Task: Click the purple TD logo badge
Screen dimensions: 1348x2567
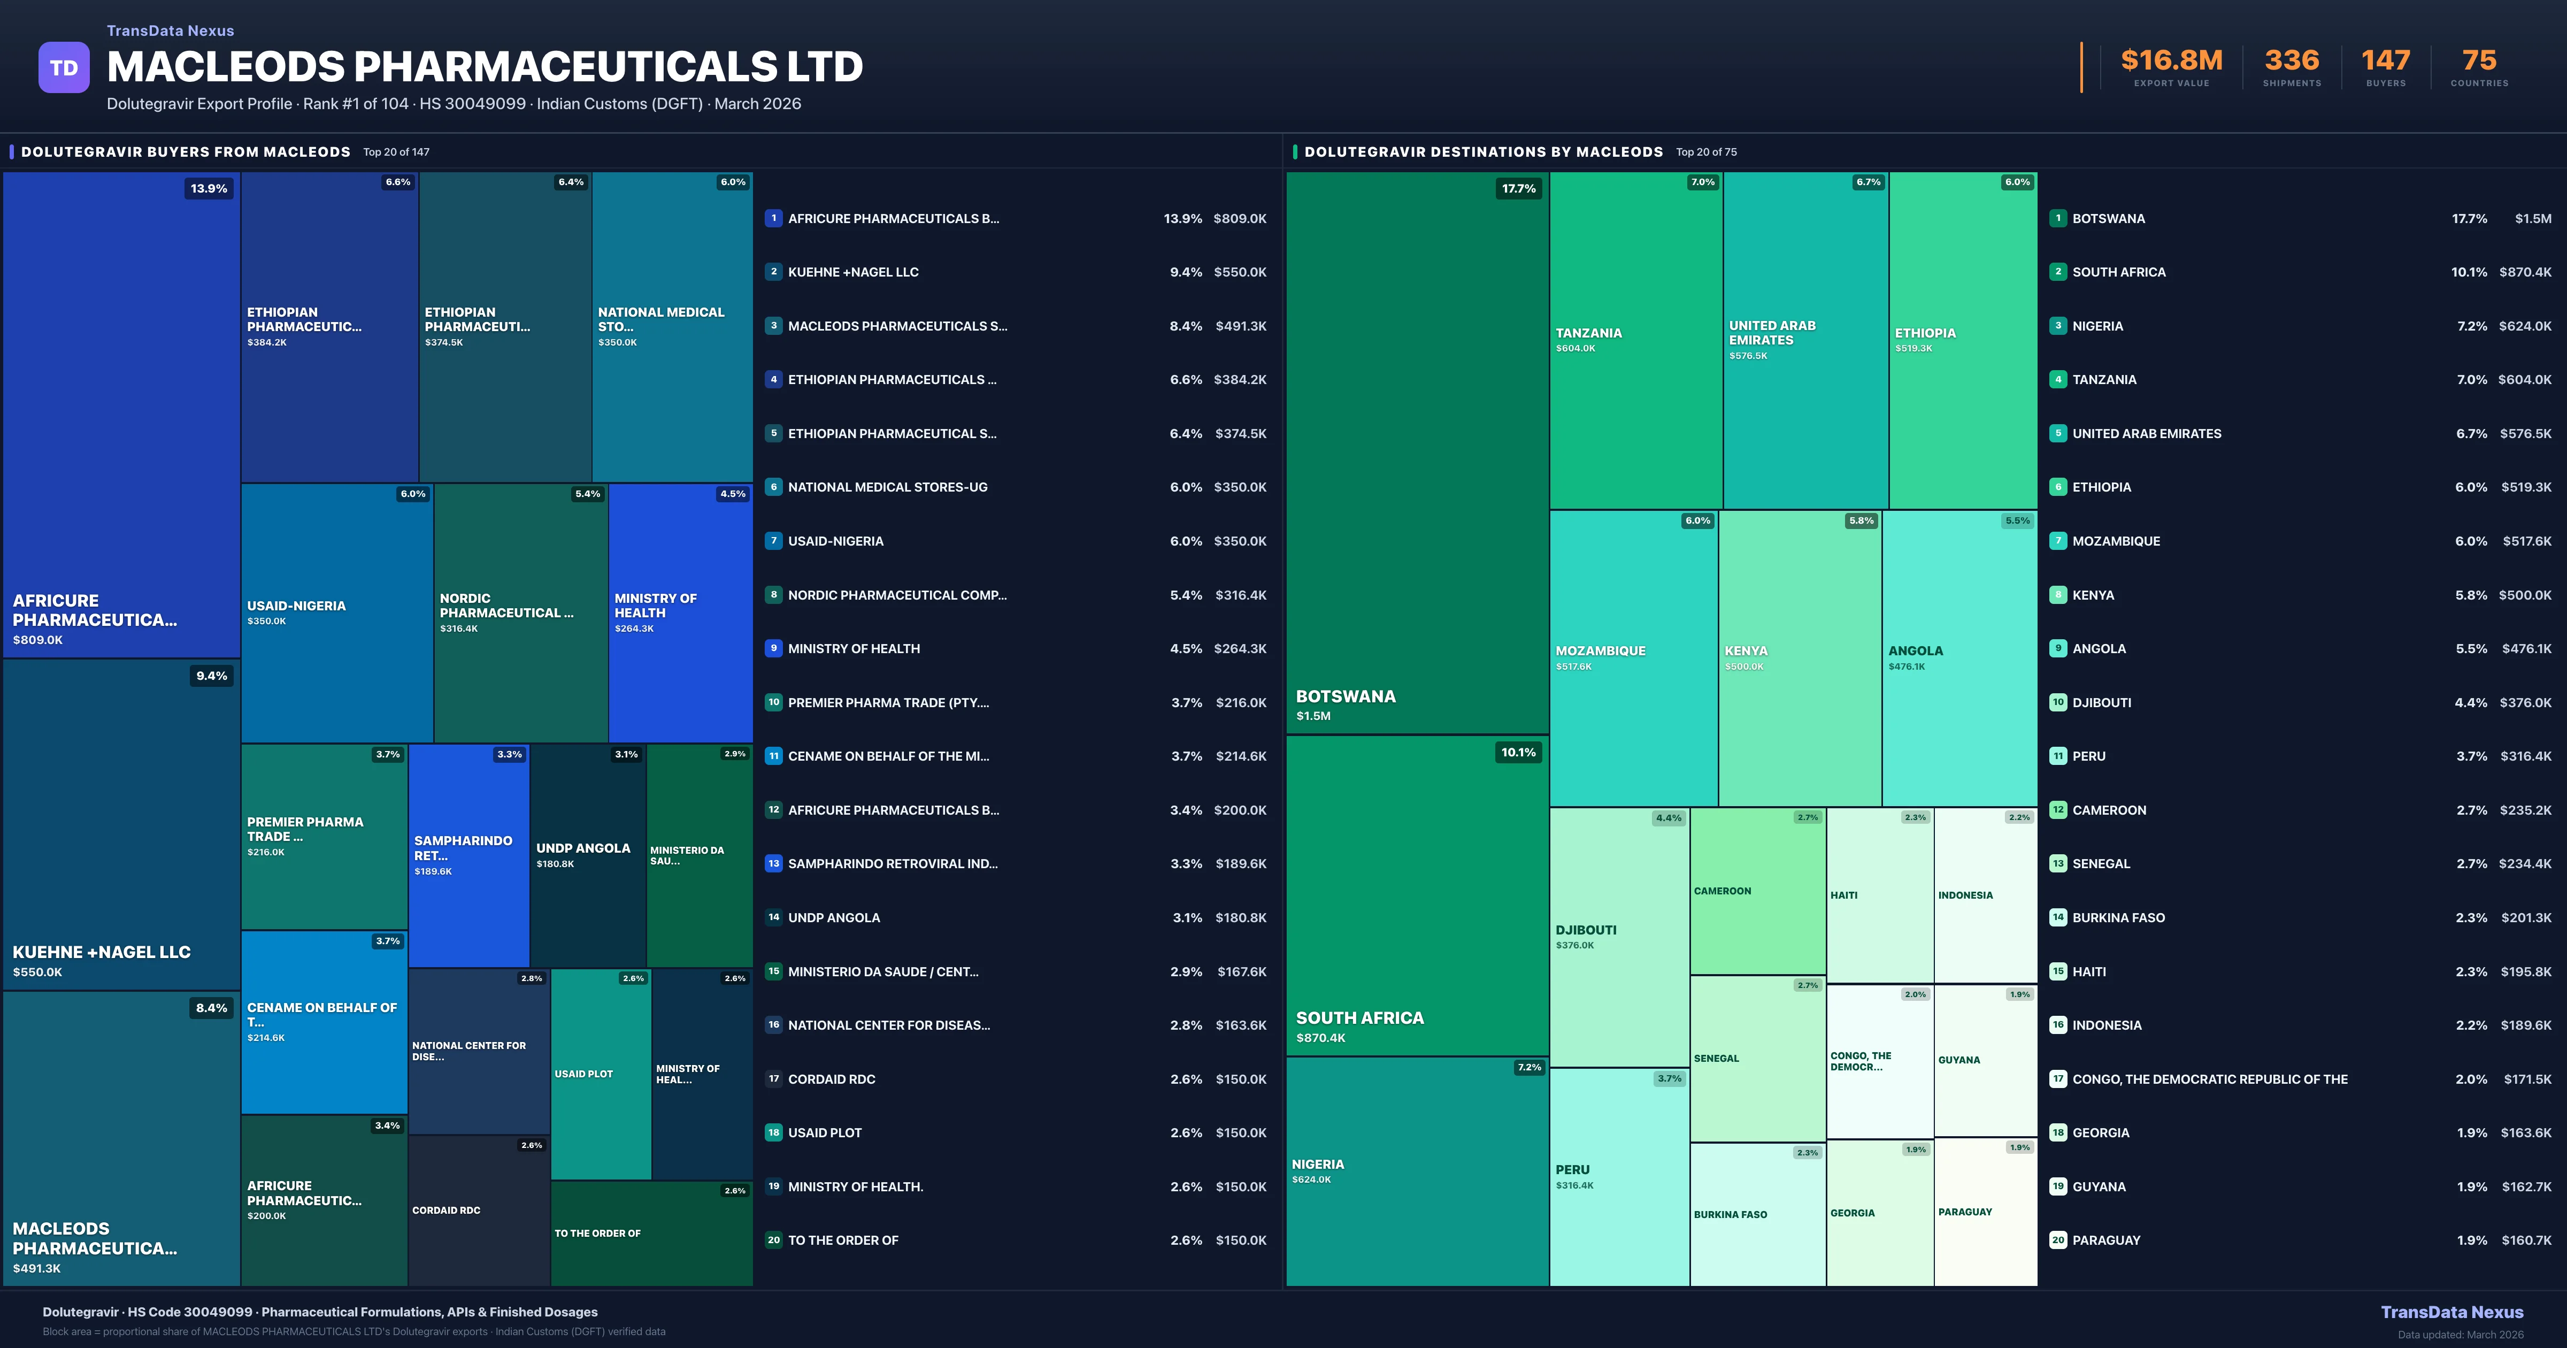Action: pyautogui.click(x=64, y=68)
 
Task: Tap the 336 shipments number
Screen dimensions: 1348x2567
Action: pyautogui.click(x=2291, y=61)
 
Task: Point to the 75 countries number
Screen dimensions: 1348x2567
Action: pyautogui.click(x=2479, y=61)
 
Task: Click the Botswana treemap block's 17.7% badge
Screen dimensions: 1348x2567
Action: pyautogui.click(x=1519, y=188)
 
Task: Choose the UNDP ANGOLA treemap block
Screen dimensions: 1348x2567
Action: pyautogui.click(x=588, y=855)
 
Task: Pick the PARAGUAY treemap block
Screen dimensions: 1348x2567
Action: pyautogui.click(x=1985, y=1212)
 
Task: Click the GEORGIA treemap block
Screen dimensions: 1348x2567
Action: pyautogui.click(x=1878, y=1213)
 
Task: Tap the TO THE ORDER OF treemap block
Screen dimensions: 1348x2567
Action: pyautogui.click(x=651, y=1234)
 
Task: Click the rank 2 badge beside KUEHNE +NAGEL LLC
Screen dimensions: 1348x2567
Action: pyautogui.click(x=773, y=271)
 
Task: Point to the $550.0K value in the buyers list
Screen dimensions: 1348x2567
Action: pyautogui.click(x=1240, y=272)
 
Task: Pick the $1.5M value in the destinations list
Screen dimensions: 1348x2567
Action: pyautogui.click(x=2532, y=218)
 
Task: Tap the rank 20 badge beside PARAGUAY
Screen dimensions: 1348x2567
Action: pyautogui.click(x=2058, y=1240)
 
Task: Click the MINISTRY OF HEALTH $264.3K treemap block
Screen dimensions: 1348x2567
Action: pyautogui.click(x=680, y=612)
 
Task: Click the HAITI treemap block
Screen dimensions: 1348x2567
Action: pyautogui.click(x=1879, y=894)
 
